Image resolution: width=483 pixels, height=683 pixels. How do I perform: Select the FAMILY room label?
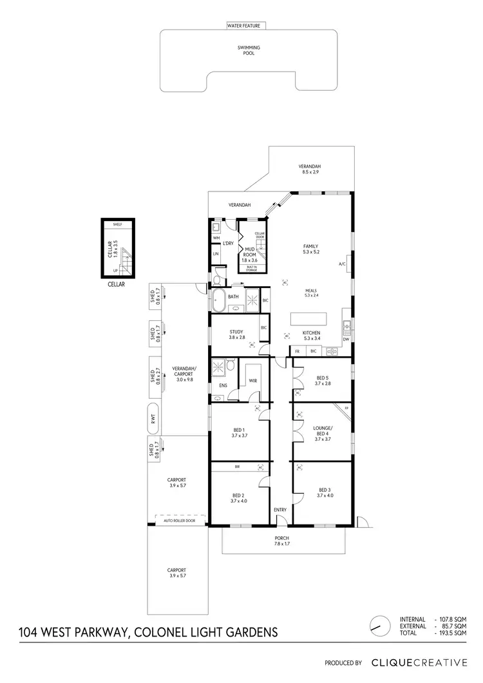click(x=311, y=249)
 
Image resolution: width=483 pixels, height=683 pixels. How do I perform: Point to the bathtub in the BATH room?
click(x=218, y=300)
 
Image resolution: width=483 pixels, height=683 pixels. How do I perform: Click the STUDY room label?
click(x=237, y=334)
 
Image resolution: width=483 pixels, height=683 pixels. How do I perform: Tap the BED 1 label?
click(x=240, y=432)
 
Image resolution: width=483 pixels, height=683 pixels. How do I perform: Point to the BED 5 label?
click(x=323, y=381)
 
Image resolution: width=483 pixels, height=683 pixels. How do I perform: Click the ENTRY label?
click(x=280, y=510)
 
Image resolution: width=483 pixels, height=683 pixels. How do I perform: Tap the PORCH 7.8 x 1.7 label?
click(x=281, y=541)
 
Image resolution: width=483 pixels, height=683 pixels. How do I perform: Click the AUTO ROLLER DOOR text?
click(x=180, y=520)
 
